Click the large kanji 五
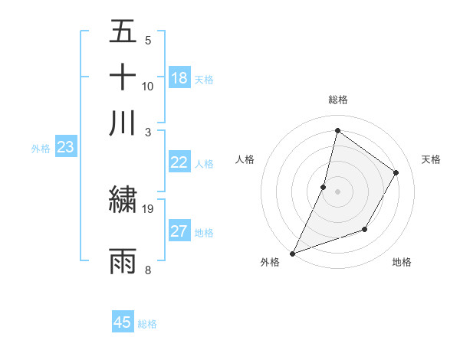pos(123,32)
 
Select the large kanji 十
pos(123,77)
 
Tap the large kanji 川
pos(123,123)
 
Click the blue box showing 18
pos(179,77)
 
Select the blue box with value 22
pos(179,162)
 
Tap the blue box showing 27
pos(179,231)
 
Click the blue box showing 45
pos(123,322)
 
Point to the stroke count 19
pos(148,208)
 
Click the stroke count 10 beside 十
pos(148,86)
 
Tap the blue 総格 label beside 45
pos(147,324)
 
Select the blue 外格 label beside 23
pos(40,149)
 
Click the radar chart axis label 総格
pos(337,100)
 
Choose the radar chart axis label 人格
pos(245,159)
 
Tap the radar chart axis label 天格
pos(431,159)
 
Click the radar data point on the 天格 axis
pos(396,172)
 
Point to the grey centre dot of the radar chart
pos(337,191)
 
